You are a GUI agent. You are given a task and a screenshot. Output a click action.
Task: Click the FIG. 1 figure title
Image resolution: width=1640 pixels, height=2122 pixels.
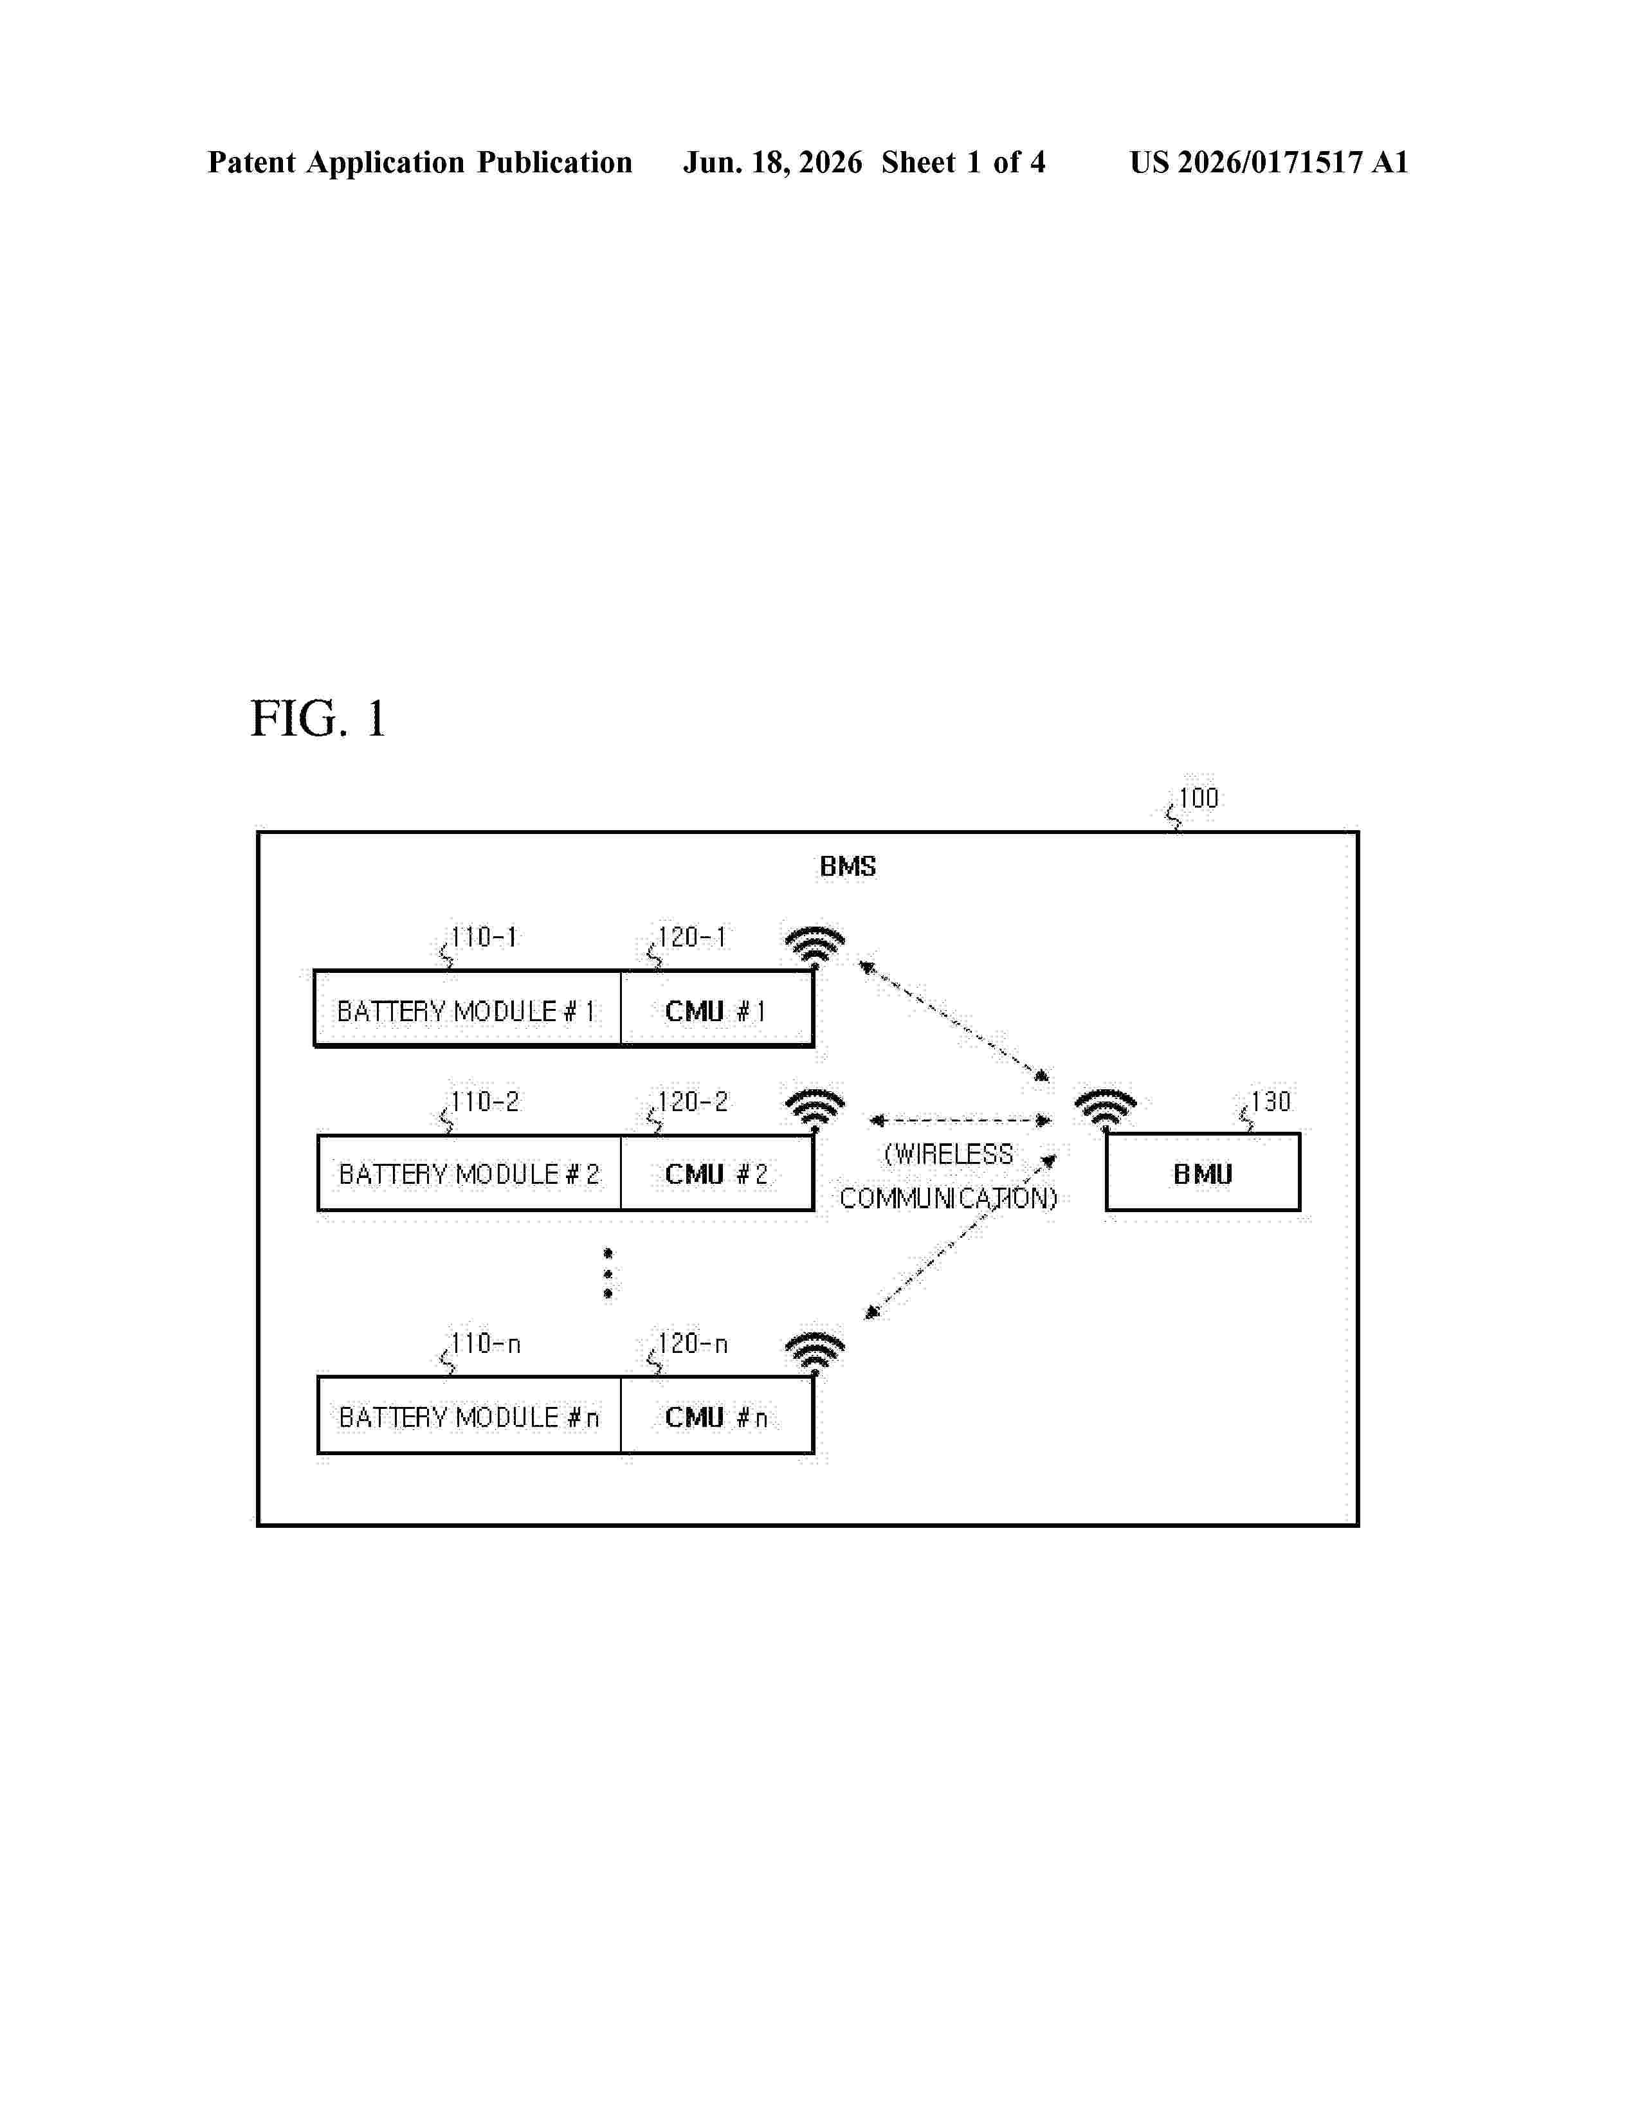coord(318,719)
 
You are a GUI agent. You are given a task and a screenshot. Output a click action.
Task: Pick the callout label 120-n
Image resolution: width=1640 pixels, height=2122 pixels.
coord(693,1344)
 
